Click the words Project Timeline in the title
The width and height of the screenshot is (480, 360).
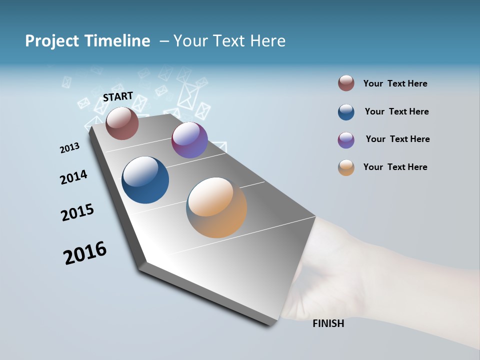point(87,41)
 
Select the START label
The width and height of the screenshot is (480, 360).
point(118,96)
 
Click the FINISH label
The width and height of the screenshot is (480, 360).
point(328,323)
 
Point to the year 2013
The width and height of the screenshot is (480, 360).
point(69,148)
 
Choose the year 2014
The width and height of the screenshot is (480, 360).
point(73,177)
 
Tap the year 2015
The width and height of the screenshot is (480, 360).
point(77,212)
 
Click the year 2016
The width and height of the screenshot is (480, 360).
point(85,253)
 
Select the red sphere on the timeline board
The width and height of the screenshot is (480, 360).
point(122,123)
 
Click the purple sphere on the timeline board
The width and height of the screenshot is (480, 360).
point(189,140)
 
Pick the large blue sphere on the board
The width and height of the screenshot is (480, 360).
point(145,180)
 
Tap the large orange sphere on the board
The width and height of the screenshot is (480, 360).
point(216,207)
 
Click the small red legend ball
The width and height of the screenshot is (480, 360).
point(346,83)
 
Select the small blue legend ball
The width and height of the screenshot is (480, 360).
point(346,112)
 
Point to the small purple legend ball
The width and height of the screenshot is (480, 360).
point(346,140)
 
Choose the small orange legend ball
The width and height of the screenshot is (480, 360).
point(346,167)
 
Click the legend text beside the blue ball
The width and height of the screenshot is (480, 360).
point(396,111)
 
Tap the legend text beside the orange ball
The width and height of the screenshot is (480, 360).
point(395,167)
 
